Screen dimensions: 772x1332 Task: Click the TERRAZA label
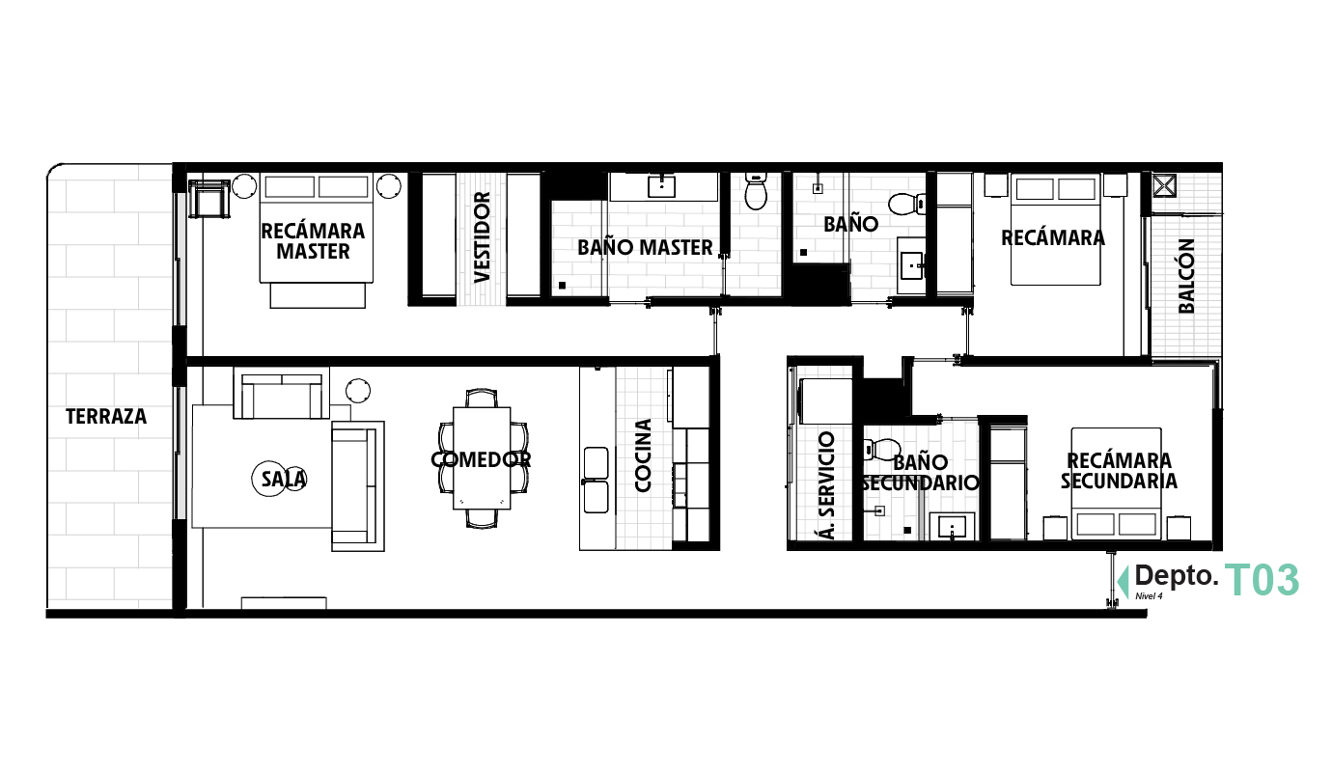tap(106, 417)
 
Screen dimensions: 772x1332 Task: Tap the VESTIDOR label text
tap(483, 236)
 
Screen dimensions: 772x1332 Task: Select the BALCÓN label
tap(1186, 276)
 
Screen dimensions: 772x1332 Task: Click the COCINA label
tap(643, 455)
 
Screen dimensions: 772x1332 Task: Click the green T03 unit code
tap(1262, 581)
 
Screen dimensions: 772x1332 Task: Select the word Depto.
tap(1176, 576)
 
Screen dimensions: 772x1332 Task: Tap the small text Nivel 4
tap(1149, 596)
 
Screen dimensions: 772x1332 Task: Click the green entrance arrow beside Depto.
tap(1123, 581)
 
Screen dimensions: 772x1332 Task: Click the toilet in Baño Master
tap(756, 193)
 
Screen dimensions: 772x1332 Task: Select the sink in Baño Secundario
tap(954, 528)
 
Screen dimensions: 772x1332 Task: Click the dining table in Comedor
tap(482, 458)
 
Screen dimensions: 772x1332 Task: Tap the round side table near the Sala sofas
tap(358, 391)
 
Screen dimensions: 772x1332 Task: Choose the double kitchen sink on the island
tap(596, 480)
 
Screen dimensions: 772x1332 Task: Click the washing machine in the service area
tap(826, 400)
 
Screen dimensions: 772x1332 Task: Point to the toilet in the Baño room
tap(905, 204)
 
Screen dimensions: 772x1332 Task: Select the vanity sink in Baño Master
tap(661, 186)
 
